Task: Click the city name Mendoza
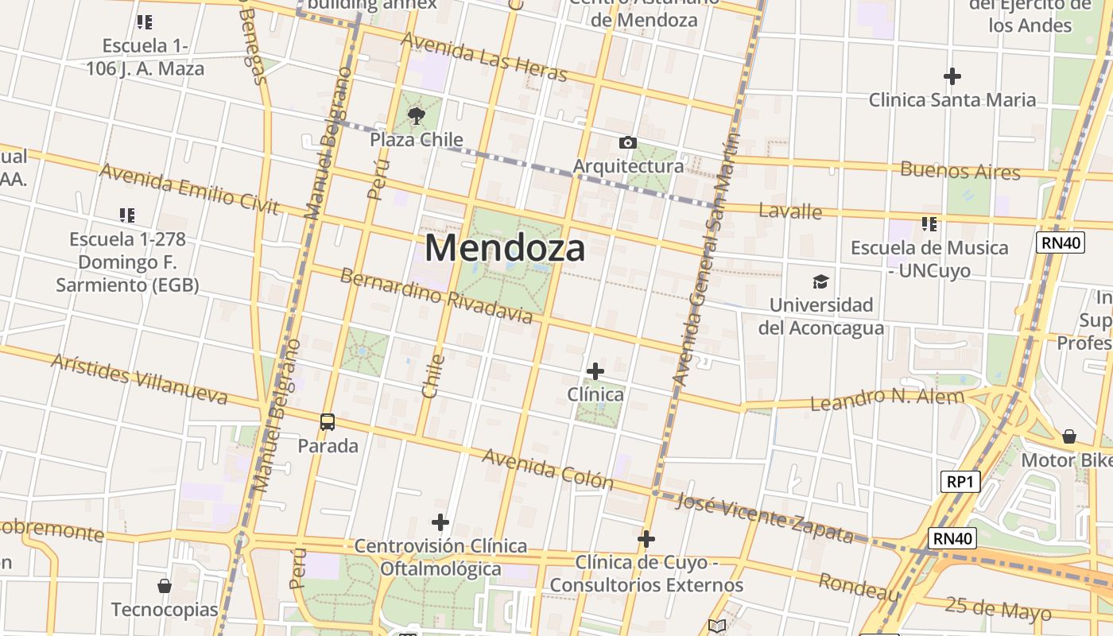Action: [x=506, y=248]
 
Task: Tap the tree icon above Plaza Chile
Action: [x=416, y=117]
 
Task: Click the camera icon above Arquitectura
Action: [x=628, y=143]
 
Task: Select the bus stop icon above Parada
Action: [x=328, y=422]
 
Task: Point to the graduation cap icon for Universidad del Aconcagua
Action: [x=820, y=281]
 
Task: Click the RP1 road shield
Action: [x=960, y=482]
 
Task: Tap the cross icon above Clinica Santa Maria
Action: [x=952, y=76]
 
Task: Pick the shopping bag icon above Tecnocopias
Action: [x=165, y=586]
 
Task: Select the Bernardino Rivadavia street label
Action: [x=436, y=296]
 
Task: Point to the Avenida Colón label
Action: [x=548, y=468]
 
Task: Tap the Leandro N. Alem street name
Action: [x=886, y=398]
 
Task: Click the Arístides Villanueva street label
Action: [x=139, y=378]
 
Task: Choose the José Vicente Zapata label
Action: [x=764, y=517]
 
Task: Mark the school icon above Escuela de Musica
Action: [x=929, y=224]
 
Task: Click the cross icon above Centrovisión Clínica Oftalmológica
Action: [x=440, y=522]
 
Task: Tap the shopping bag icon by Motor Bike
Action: [x=1069, y=436]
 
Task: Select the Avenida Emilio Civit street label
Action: [x=189, y=188]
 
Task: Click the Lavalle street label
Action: [x=790, y=211]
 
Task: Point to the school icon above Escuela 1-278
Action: [x=127, y=215]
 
